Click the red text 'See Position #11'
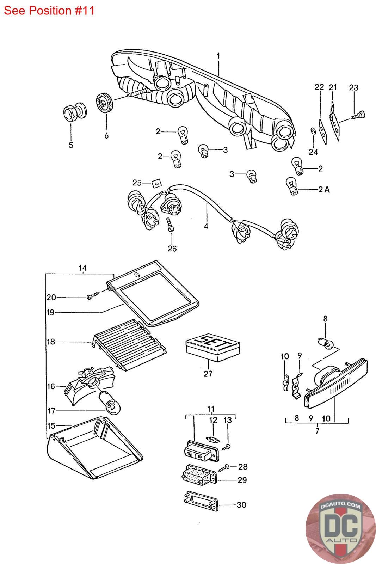(49, 11)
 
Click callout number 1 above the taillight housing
(218, 56)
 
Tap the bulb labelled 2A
(292, 186)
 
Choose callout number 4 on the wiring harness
(206, 226)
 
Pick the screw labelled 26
(170, 225)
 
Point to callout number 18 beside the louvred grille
(51, 342)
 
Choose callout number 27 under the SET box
(208, 373)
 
